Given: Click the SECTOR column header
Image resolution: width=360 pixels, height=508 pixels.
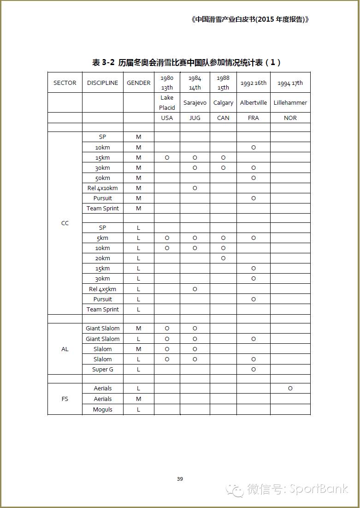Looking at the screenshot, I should pos(65,83).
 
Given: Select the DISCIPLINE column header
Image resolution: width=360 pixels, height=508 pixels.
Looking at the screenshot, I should pos(102,83).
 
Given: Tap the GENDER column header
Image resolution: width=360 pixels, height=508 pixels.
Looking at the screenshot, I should pos(138,83).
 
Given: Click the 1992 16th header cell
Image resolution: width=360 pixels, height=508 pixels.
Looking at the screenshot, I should pos(254,83).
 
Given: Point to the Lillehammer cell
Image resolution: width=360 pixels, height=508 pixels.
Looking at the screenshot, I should pos(290,103).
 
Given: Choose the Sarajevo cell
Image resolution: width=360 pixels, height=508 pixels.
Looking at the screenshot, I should pos(195,103).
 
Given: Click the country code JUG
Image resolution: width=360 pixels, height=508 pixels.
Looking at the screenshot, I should pos(195,118).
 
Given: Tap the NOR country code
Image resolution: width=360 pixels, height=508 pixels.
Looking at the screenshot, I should pos(290,118).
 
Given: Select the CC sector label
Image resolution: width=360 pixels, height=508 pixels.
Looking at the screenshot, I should pos(65,223).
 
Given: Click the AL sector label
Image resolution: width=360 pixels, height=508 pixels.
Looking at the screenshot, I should pos(65,349).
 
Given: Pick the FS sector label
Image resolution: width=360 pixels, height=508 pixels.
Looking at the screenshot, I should pos(65,399).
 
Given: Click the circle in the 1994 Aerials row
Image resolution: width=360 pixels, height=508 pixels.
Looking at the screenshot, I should pos(290,388).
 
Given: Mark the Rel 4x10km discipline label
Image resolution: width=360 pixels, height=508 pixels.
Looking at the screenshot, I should pos(102,188).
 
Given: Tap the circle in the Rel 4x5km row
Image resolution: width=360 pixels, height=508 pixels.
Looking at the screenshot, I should pos(195,289).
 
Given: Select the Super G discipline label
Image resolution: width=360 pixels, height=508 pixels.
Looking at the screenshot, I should pos(102,370).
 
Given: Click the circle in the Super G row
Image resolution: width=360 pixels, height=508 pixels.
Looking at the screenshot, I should pos(254,370).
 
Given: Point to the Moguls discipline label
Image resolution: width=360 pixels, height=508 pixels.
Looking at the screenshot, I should pos(102,410).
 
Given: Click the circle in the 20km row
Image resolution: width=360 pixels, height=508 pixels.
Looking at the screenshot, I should pos(223,258).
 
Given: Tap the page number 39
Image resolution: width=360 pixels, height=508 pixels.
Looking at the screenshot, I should pos(180,479).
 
